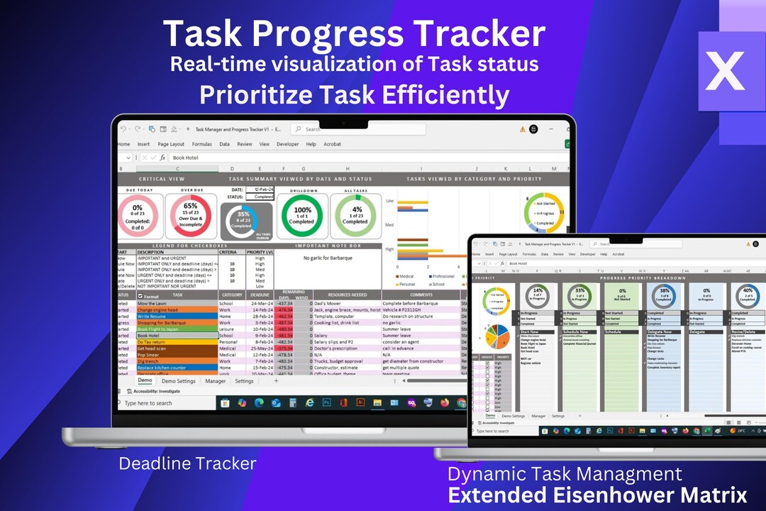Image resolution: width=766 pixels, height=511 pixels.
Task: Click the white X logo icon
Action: [724, 70]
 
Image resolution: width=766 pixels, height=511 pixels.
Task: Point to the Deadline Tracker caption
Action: [187, 463]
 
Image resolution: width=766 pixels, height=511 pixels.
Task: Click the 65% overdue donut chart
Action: [190, 216]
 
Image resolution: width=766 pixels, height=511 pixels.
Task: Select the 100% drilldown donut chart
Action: [302, 216]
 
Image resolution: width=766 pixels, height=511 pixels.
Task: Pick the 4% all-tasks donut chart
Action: [355, 216]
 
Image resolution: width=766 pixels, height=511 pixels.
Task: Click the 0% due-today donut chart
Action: [138, 216]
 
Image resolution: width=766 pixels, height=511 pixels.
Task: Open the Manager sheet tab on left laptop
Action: [216, 381]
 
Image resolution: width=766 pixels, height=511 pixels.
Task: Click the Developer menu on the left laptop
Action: [287, 144]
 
